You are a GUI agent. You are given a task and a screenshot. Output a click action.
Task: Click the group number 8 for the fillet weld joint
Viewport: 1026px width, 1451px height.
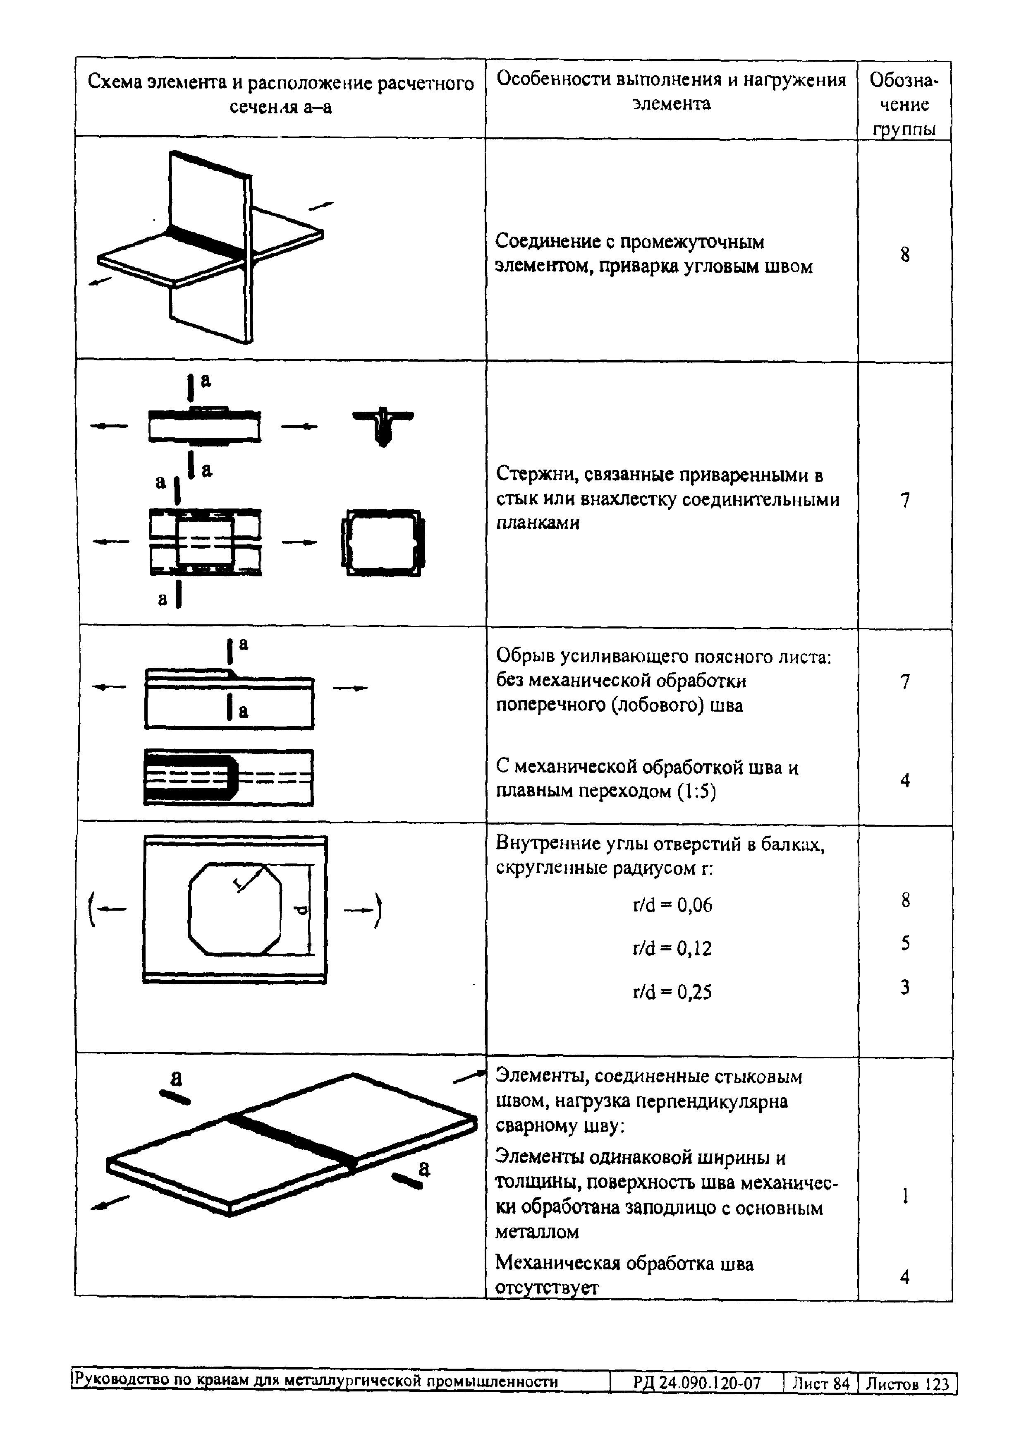[x=905, y=255]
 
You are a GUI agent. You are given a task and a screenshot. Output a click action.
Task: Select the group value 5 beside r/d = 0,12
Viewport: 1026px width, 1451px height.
[x=905, y=943]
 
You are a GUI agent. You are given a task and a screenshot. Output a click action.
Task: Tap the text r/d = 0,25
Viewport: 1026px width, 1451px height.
[x=672, y=992]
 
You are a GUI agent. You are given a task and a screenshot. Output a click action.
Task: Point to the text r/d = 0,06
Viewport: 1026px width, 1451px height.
[x=672, y=905]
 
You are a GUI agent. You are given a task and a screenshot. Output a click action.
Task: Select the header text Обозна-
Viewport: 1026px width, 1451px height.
[x=904, y=80]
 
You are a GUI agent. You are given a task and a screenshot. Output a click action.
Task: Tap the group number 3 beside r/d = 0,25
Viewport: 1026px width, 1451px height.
[x=905, y=986]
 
